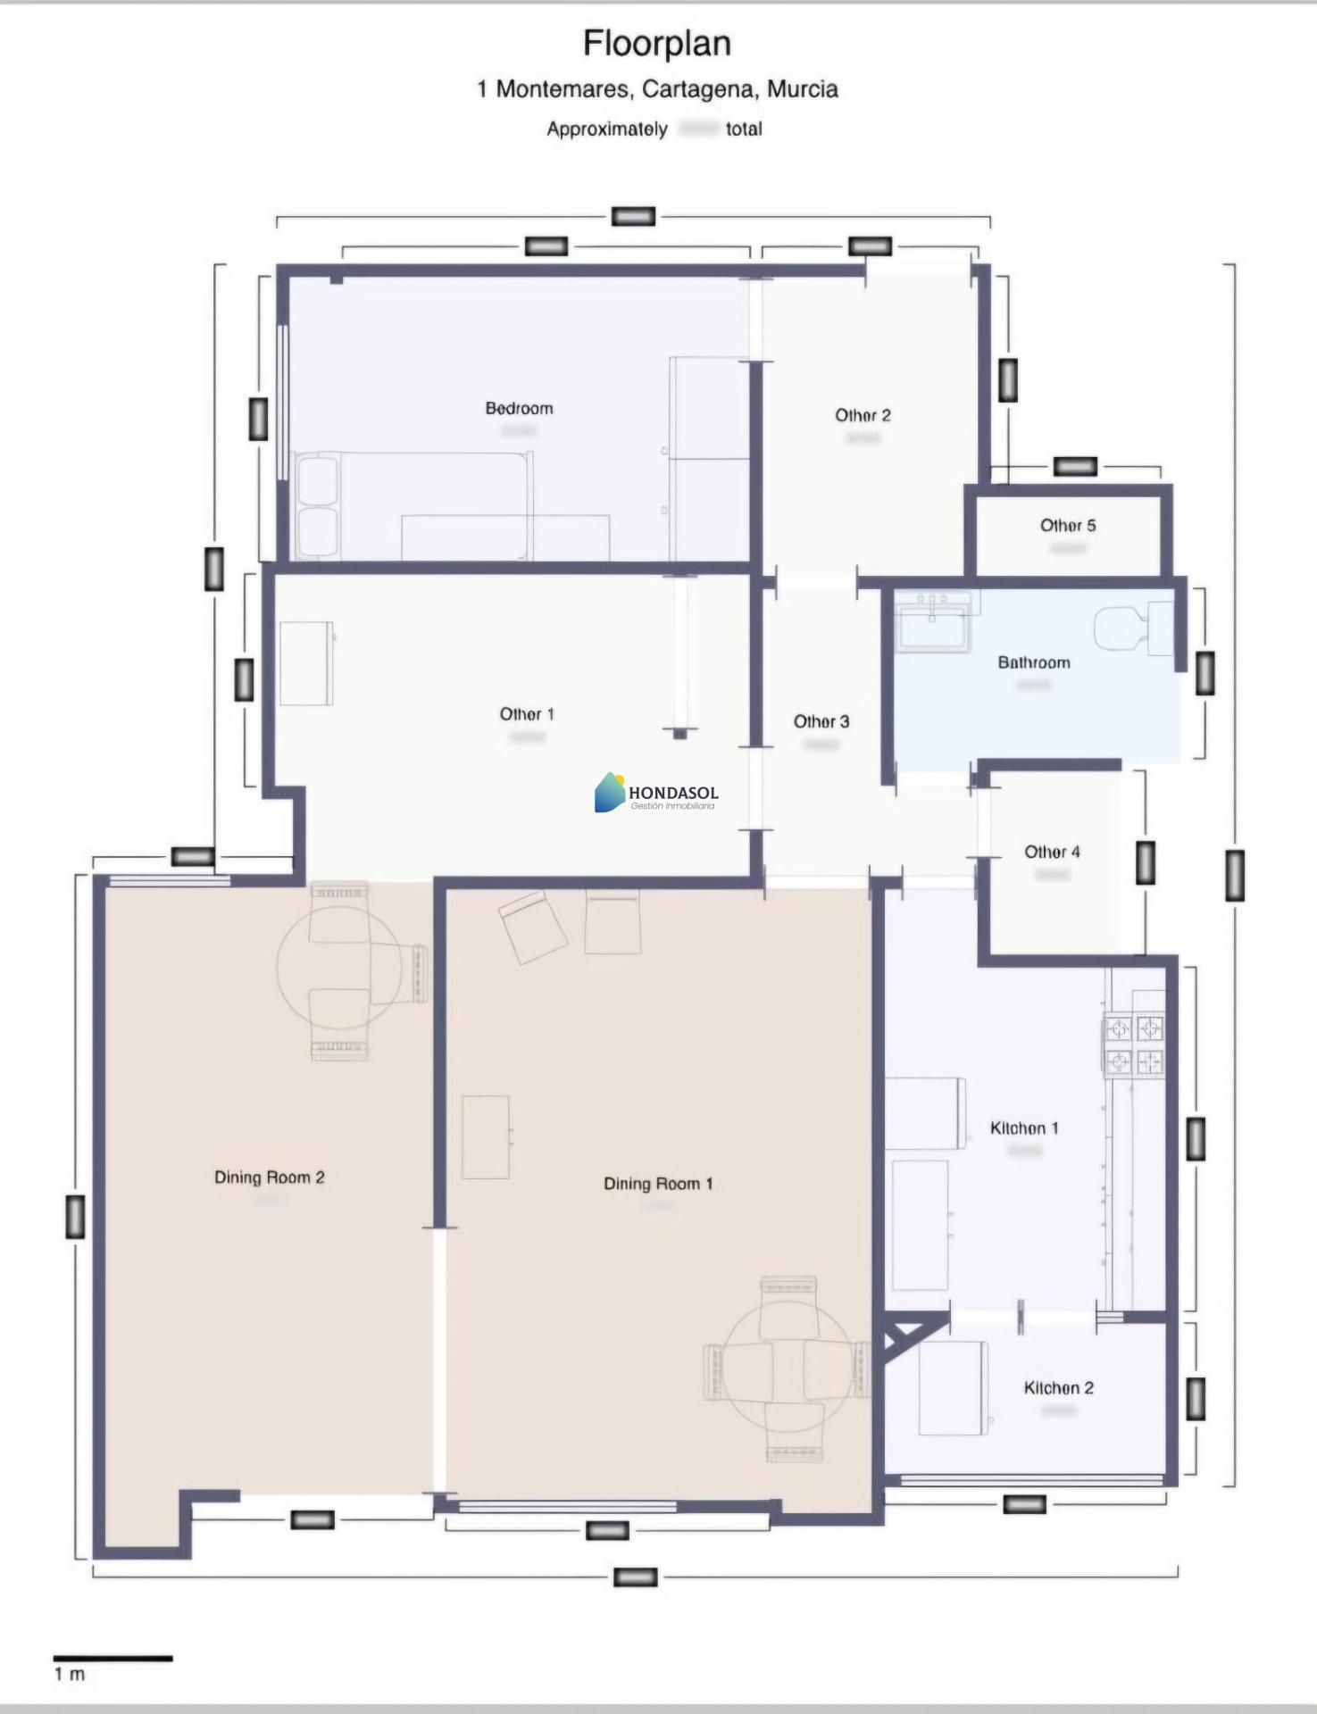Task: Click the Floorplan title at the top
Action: coord(657,43)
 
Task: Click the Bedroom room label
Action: coord(519,408)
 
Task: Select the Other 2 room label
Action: coord(863,415)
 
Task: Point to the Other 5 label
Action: coord(1068,525)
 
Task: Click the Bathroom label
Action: coord(1034,662)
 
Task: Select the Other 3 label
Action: coord(821,721)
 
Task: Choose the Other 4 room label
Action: coord(1052,852)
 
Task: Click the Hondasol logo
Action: coord(656,793)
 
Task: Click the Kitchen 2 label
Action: coord(1058,1388)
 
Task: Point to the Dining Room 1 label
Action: coord(658,1184)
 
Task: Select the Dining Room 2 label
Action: coord(269,1177)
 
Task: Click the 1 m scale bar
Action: coord(113,1659)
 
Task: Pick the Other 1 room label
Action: coord(526,714)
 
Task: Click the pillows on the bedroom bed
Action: coord(318,506)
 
